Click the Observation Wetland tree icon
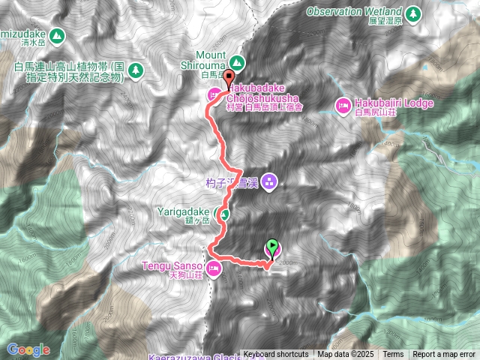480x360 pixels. click(412, 13)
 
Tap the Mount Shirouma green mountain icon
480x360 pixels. click(237, 61)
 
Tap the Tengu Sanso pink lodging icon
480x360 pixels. click(214, 268)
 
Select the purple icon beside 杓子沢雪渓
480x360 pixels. click(270, 181)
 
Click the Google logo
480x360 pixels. click(28, 349)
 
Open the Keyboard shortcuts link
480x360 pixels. click(275, 355)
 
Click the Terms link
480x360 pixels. click(393, 355)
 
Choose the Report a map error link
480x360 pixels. click(444, 355)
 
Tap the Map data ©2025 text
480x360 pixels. click(344, 355)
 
